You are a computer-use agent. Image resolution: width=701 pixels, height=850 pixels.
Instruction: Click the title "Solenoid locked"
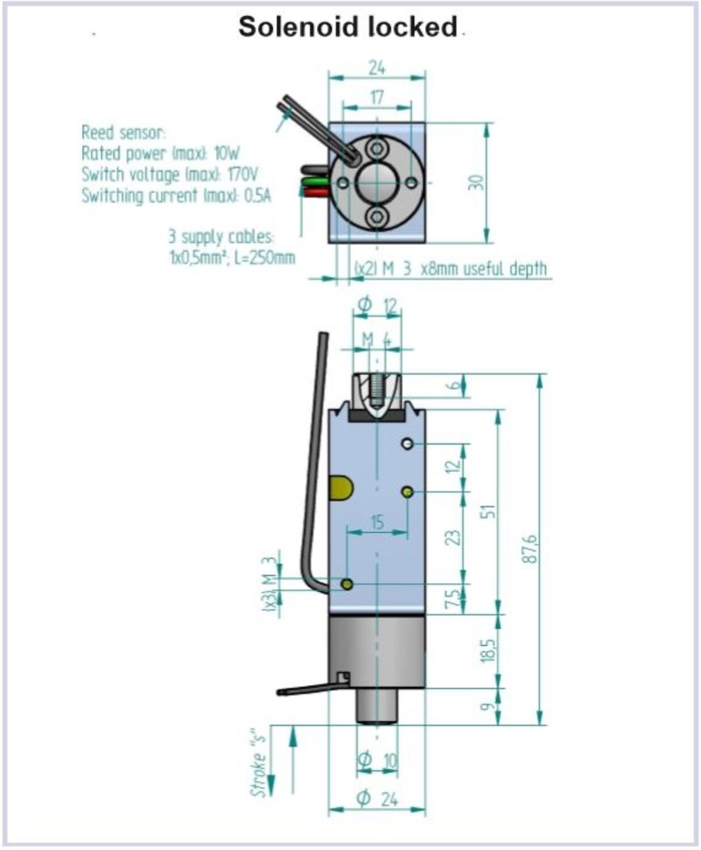347,27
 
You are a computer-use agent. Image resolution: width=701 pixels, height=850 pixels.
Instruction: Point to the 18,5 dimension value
489,651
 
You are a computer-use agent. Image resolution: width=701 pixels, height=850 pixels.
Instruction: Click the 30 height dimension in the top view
476,182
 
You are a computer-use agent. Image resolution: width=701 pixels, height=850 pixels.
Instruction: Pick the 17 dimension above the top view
377,97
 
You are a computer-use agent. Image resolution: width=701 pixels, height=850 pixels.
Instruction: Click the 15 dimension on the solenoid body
377,522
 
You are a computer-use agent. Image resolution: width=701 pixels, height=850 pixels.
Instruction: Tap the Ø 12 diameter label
378,305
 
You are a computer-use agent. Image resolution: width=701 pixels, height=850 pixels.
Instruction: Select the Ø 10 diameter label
378,759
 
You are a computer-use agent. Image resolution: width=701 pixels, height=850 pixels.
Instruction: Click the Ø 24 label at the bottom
377,799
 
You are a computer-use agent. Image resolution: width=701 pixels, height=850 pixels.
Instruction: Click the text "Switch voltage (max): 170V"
170,175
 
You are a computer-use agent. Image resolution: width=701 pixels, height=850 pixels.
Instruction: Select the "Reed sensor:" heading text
123,133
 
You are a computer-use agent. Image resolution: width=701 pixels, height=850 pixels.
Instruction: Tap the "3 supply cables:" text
221,236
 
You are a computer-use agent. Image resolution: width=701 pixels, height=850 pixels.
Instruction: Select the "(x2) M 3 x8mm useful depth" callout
451,269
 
